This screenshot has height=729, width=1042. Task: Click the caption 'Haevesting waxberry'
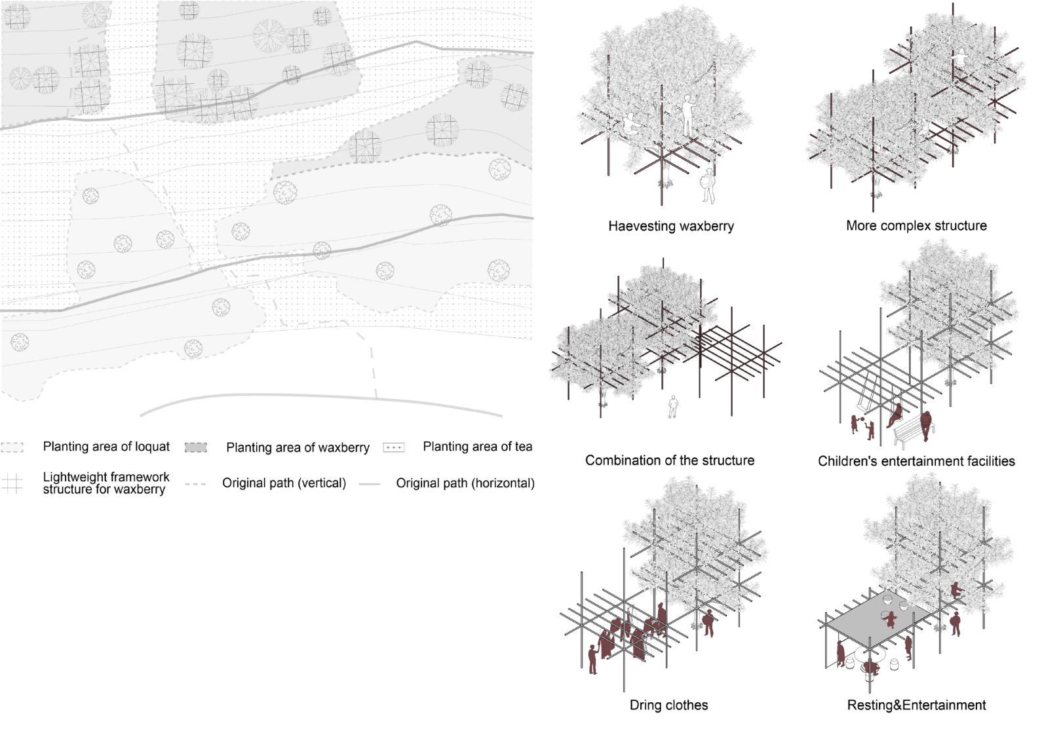(x=670, y=226)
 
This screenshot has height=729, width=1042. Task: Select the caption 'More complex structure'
(x=916, y=225)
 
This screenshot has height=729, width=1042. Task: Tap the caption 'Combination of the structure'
(x=669, y=460)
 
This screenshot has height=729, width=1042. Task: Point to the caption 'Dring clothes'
(x=668, y=705)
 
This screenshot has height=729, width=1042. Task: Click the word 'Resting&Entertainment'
(x=916, y=705)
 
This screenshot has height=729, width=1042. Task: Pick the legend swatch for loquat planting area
(x=12, y=447)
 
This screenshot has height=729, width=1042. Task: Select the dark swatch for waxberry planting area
(x=196, y=447)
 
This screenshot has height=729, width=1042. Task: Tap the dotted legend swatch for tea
(x=393, y=447)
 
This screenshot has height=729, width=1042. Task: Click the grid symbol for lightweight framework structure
(x=12, y=484)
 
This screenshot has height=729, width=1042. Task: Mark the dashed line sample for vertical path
(x=195, y=484)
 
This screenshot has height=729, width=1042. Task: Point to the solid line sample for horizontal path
(x=370, y=484)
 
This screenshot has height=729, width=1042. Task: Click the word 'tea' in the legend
(x=522, y=447)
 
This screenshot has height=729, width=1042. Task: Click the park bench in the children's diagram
(x=910, y=432)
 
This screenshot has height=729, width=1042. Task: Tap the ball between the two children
(x=862, y=419)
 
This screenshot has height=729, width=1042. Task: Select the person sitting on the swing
(x=895, y=415)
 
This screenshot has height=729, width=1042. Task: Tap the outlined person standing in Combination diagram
(x=672, y=407)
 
